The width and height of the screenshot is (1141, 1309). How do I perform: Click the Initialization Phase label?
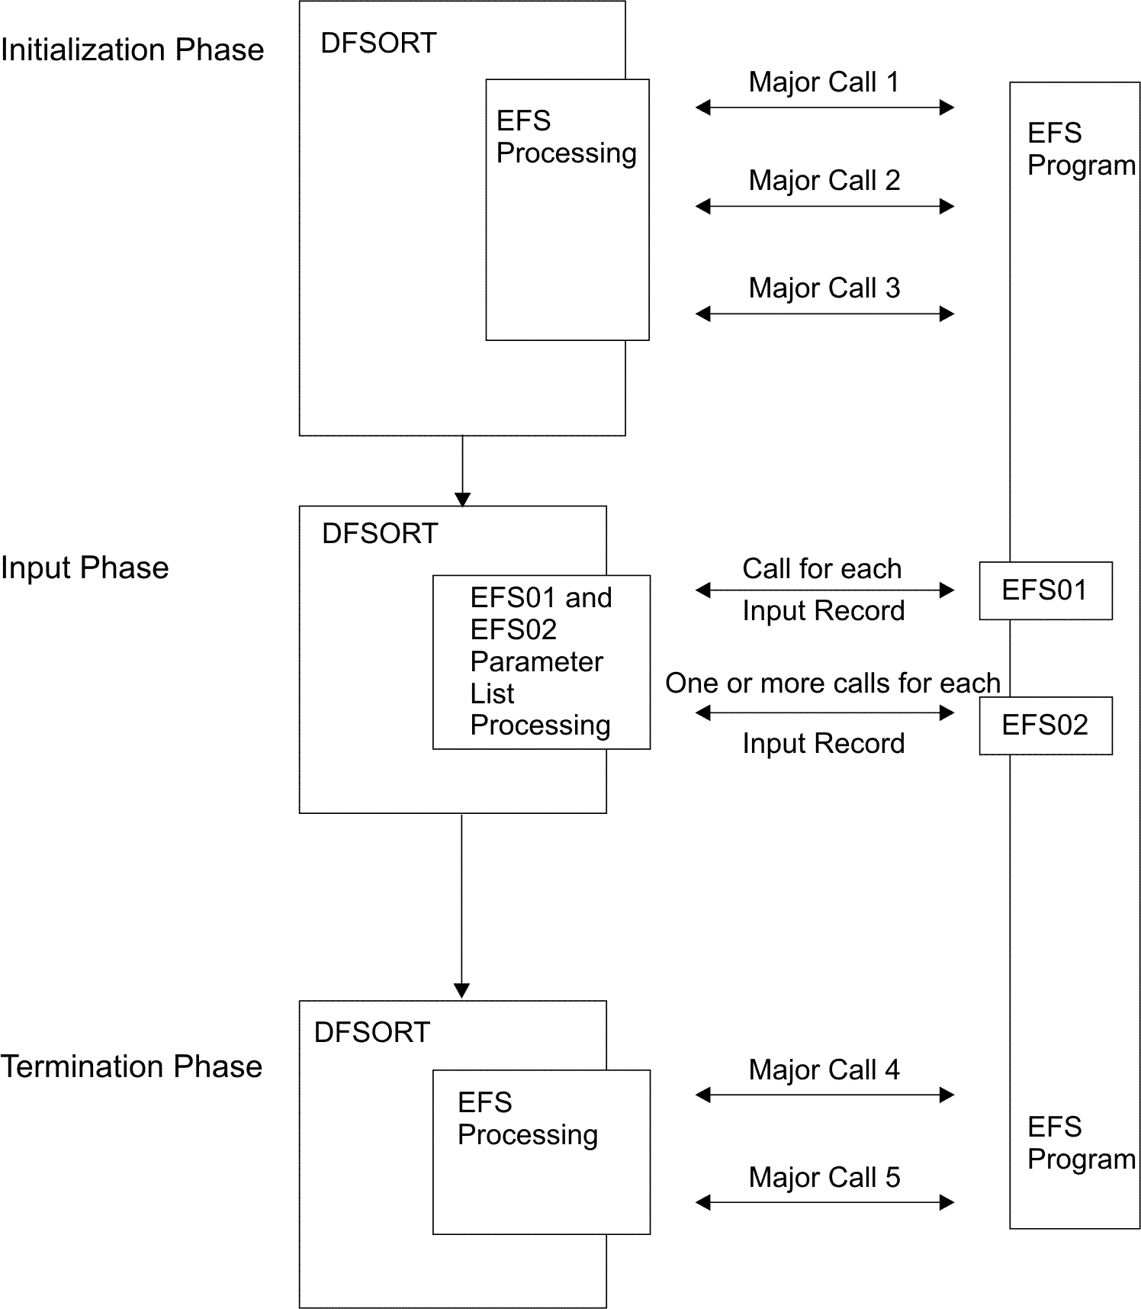[x=132, y=50]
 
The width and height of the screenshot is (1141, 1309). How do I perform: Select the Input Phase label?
[x=85, y=568]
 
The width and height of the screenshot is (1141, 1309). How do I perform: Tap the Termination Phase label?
[x=131, y=1066]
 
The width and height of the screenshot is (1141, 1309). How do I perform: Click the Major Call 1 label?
[x=824, y=82]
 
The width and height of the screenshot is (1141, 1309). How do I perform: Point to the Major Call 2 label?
[x=824, y=181]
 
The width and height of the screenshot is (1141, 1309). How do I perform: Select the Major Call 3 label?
[x=824, y=288]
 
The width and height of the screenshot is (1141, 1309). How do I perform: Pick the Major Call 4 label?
[x=824, y=1070]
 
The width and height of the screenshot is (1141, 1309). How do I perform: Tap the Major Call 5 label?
[x=824, y=1178]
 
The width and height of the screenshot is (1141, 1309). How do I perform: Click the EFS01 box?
[x=1045, y=590]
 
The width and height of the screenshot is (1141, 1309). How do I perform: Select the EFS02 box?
[x=1045, y=725]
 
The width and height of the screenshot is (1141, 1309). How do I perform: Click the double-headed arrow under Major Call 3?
[x=824, y=314]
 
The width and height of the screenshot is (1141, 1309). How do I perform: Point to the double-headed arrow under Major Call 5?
[x=824, y=1203]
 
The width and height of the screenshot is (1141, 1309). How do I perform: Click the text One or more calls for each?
[x=832, y=683]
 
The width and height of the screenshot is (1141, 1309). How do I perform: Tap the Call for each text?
[x=821, y=569]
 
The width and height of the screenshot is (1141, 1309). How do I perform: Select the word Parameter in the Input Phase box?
[x=536, y=662]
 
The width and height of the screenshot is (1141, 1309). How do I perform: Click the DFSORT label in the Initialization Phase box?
[x=378, y=43]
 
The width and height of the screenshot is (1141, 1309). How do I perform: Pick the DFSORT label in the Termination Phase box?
[x=372, y=1033]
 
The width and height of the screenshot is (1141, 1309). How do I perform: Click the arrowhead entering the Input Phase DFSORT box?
[x=462, y=500]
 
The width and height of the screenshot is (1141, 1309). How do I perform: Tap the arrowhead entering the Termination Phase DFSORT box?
[x=461, y=991]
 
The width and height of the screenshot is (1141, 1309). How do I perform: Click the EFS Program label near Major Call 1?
[x=1080, y=150]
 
